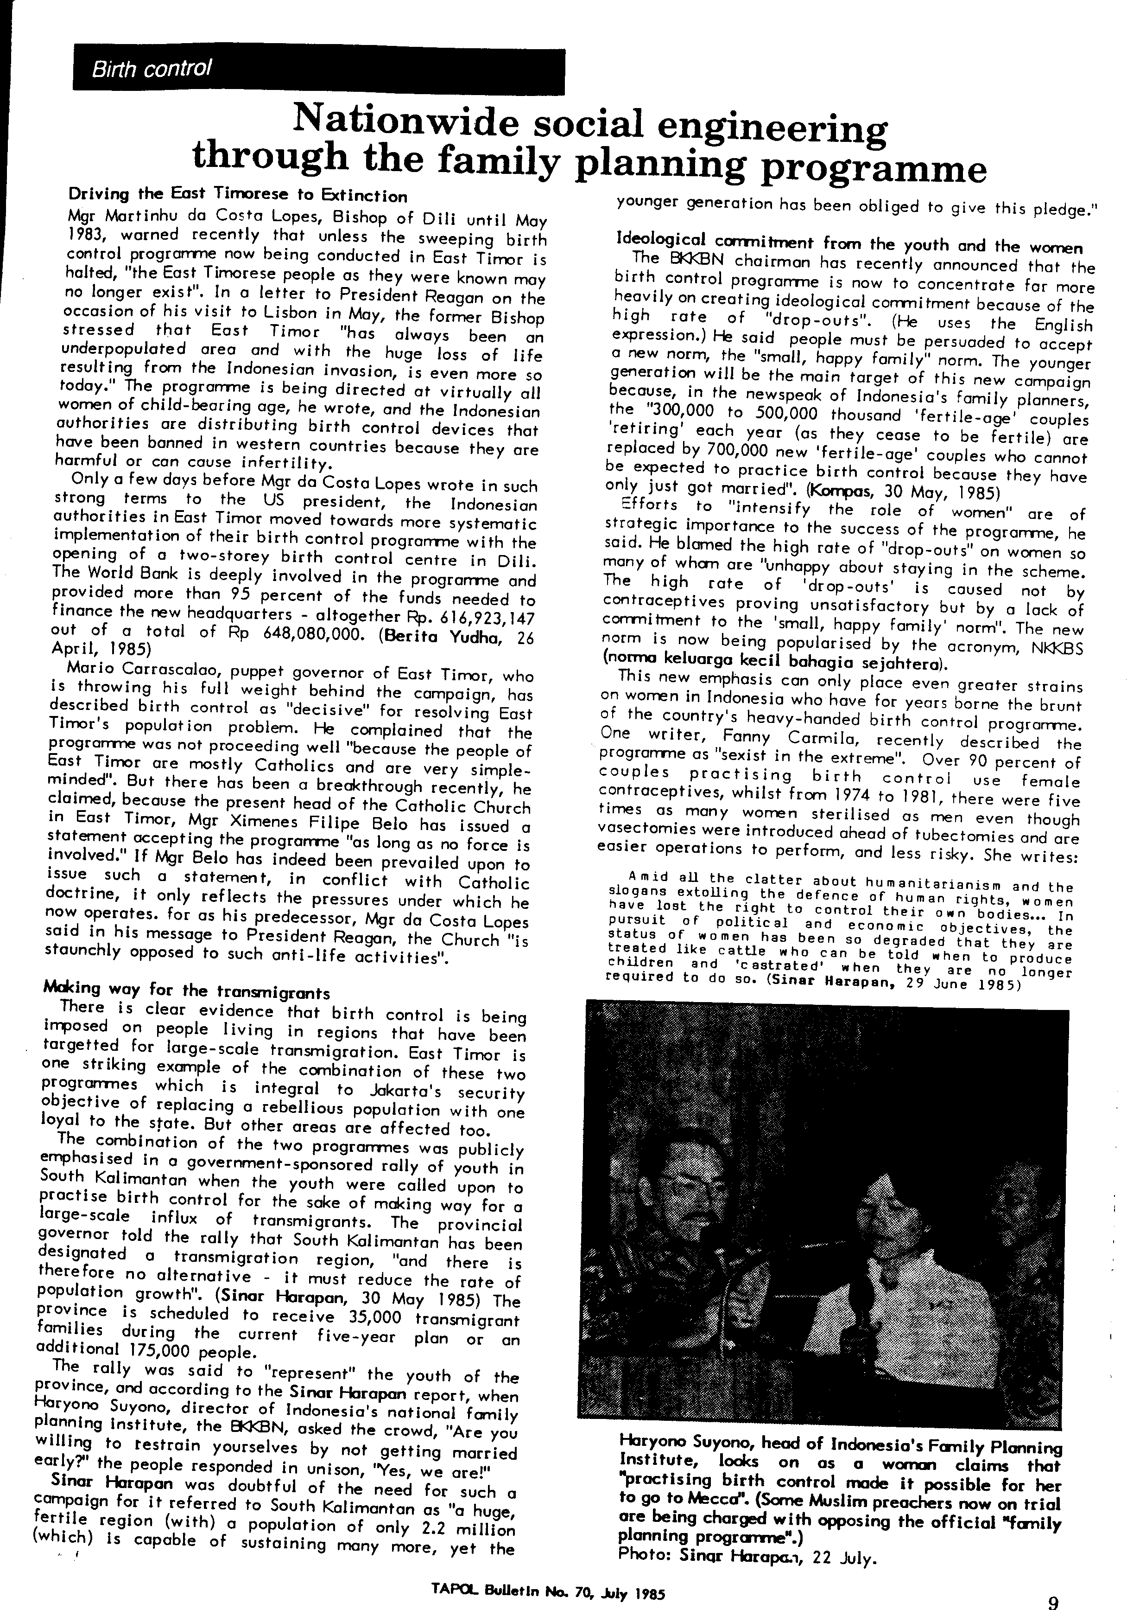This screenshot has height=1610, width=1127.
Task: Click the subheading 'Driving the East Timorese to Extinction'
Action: point(237,195)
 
